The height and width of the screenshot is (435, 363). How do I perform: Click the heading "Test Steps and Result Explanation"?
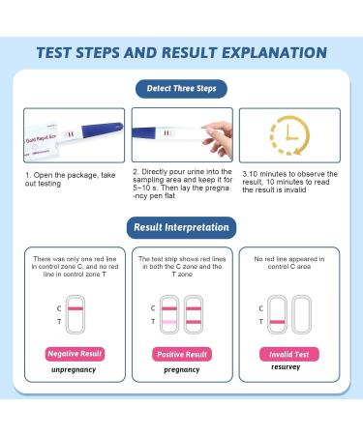pyautogui.click(x=181, y=52)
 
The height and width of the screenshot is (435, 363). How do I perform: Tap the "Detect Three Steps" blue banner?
pyautogui.click(x=181, y=89)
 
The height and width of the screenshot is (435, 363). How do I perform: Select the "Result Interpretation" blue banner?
pyautogui.click(x=181, y=228)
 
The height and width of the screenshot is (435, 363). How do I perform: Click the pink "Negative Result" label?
pyautogui.click(x=76, y=354)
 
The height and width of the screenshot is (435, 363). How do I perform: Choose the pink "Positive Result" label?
pyautogui.click(x=182, y=354)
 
